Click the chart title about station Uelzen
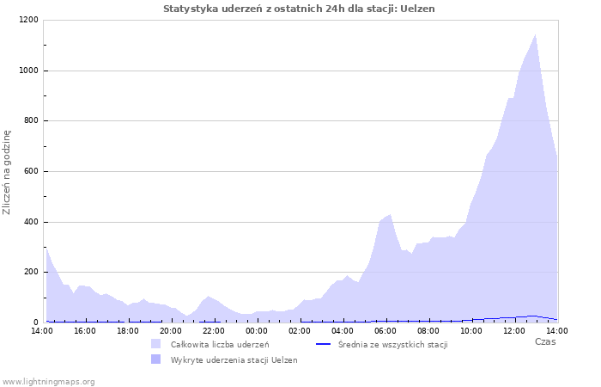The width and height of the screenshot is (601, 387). [x=299, y=9]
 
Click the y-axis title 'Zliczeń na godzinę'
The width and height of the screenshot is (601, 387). [x=7, y=172]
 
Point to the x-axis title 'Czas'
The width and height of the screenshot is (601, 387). [x=544, y=342]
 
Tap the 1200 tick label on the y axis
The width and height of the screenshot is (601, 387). [x=27, y=20]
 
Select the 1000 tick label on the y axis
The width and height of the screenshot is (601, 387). [x=27, y=71]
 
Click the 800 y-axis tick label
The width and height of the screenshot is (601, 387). [x=30, y=121]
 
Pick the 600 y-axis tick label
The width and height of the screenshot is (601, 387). [x=30, y=171]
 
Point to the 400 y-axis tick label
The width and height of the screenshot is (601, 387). [x=30, y=222]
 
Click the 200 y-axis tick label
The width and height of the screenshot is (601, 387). [x=30, y=273]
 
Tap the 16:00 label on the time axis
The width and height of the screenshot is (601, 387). [x=85, y=331]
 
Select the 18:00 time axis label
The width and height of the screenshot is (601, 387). [x=128, y=331]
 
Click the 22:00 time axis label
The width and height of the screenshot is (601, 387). [x=214, y=331]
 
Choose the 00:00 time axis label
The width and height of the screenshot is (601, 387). [x=257, y=331]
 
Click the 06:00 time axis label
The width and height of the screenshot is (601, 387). [x=385, y=331]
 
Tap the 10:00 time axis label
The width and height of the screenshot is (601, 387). [x=471, y=331]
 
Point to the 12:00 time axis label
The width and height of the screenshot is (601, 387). [x=514, y=331]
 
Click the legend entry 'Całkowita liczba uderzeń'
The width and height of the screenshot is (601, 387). [x=219, y=345]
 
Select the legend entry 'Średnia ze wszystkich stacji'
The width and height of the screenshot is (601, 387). [x=392, y=345]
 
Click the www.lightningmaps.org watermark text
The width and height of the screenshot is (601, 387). [x=49, y=382]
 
